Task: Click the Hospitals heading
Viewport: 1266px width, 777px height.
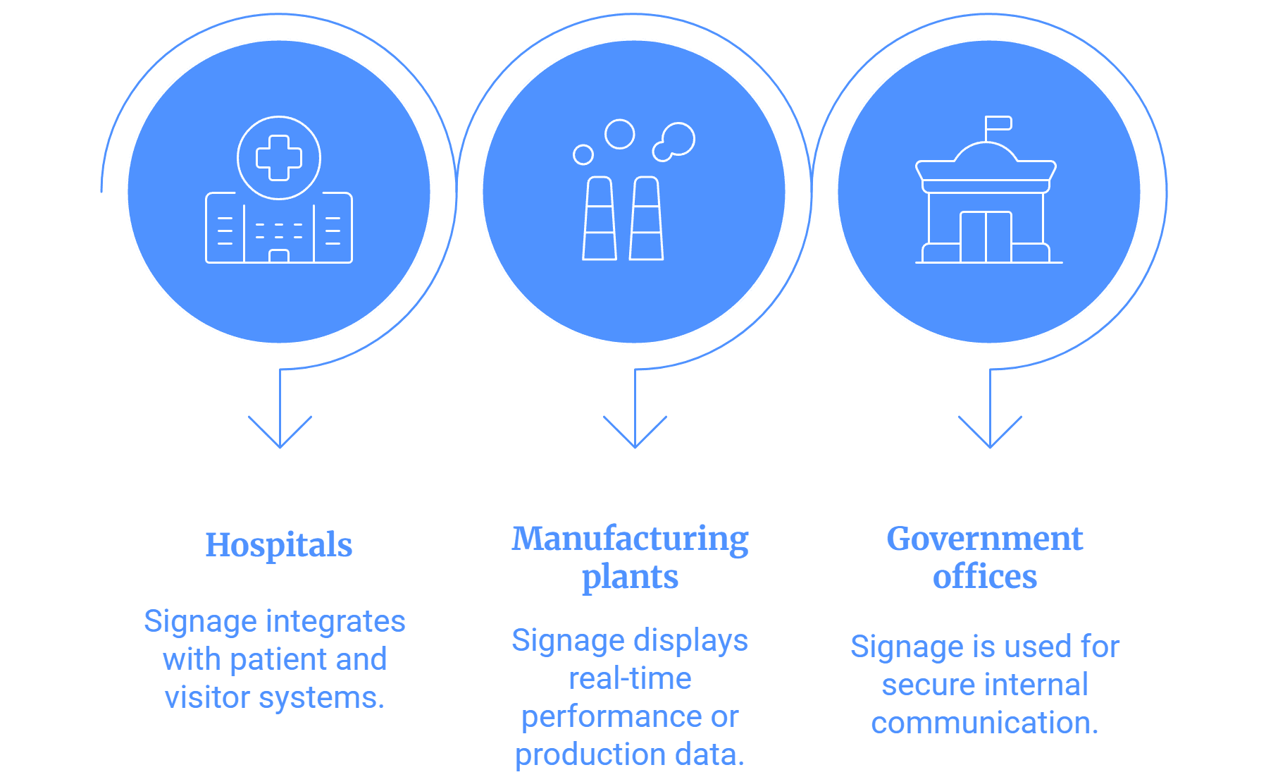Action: coord(279,545)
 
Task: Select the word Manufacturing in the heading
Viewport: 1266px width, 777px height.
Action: coord(630,539)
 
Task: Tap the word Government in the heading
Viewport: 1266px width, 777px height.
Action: coord(984,539)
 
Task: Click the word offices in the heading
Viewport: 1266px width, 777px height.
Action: coord(984,576)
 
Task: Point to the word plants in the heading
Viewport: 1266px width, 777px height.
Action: coord(630,577)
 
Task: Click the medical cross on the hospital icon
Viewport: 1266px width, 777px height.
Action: coord(279,158)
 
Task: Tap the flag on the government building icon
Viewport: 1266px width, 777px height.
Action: coord(998,124)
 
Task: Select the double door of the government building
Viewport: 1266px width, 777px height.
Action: coord(986,237)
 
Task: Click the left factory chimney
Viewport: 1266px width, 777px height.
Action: coord(600,219)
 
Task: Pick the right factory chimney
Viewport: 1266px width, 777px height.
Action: coord(647,219)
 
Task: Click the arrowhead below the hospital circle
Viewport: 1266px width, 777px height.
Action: coord(280,432)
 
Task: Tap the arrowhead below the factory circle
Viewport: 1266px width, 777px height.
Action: coord(635,432)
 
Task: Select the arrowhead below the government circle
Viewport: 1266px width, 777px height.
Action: coord(990,432)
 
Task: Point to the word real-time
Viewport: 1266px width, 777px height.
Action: coord(630,678)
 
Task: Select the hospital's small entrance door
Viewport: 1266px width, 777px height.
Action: coord(279,256)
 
